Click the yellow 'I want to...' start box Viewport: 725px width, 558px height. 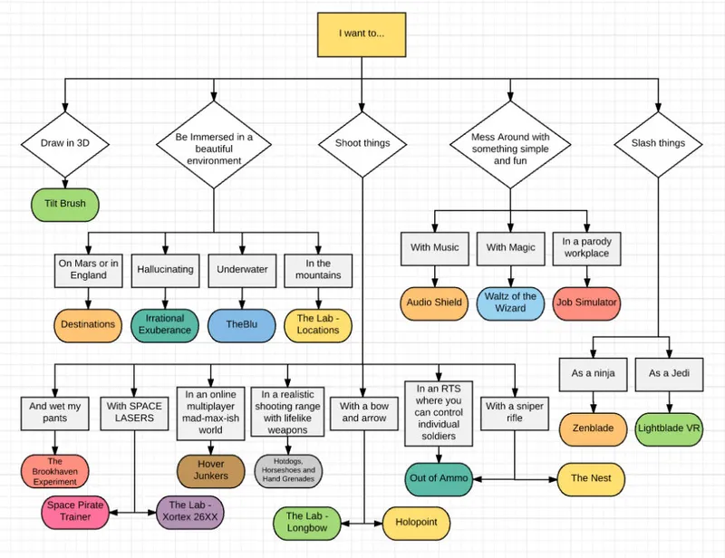(362, 34)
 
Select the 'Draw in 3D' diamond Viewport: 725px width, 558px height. (64, 143)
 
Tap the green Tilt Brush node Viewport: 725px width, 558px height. (65, 204)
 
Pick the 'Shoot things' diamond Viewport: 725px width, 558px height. (362, 143)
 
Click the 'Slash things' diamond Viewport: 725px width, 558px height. (657, 143)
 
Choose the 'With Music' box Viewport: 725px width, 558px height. (434, 247)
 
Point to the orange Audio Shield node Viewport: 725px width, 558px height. (434, 303)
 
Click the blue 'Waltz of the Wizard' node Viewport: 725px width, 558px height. (510, 303)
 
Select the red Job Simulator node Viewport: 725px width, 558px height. (587, 303)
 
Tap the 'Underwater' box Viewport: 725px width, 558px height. (241, 269)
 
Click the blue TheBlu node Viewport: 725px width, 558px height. (241, 324)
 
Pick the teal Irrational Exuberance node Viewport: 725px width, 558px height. (165, 324)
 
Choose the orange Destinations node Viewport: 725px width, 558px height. (88, 324)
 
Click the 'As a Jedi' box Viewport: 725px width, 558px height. (670, 373)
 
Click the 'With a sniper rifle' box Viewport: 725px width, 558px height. (515, 412)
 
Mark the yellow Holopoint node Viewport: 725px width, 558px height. (416, 523)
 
